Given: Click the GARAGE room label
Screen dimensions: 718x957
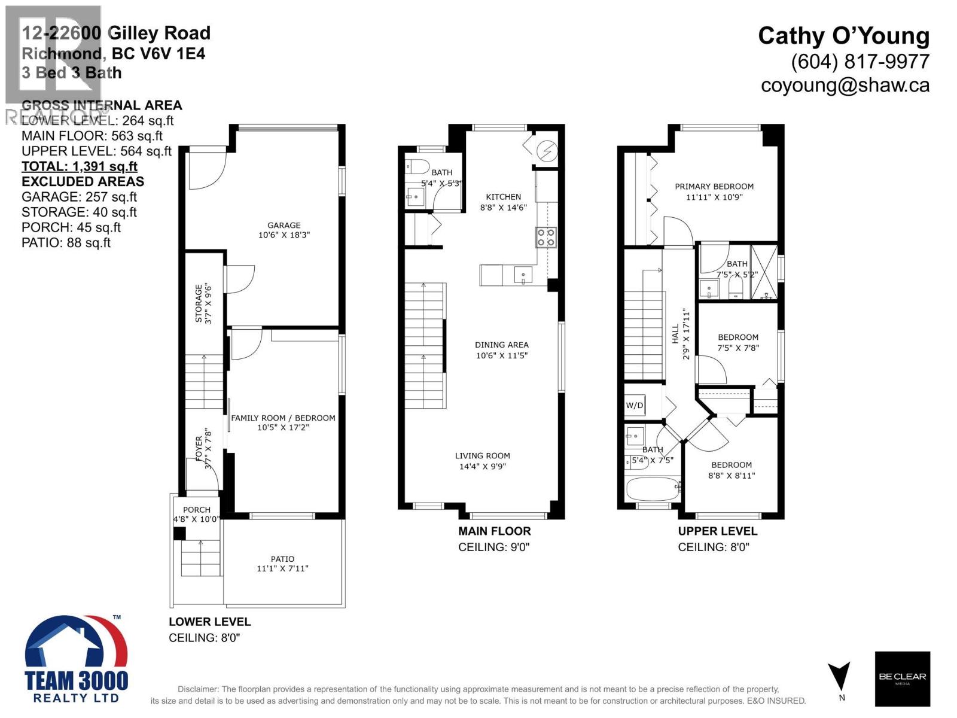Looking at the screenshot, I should [284, 226].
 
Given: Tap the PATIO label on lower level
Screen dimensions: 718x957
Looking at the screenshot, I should [282, 559].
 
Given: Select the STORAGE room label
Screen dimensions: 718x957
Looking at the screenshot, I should [199, 303].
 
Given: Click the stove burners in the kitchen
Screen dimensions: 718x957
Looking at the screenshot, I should [545, 237].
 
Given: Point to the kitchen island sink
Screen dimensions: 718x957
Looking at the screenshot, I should [523, 276].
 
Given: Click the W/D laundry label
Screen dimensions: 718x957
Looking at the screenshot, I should [635, 405].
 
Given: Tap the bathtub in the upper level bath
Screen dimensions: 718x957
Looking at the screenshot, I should [653, 489].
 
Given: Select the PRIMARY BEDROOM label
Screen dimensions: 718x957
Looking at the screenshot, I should [714, 186].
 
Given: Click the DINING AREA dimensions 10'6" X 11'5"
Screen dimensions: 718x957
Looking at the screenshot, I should [501, 355].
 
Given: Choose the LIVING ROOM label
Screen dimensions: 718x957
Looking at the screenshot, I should [482, 455].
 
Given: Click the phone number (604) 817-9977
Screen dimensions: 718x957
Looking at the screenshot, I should [860, 62].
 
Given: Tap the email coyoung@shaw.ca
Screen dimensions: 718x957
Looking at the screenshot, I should [845, 86].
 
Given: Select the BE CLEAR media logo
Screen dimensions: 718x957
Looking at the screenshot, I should [902, 678].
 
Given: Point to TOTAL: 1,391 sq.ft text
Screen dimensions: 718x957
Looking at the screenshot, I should [80, 166].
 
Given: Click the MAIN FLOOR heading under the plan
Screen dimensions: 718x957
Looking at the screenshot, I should [494, 531].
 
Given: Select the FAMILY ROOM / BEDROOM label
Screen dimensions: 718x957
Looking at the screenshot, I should [283, 418].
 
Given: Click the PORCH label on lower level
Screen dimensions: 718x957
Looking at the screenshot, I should [197, 510].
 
